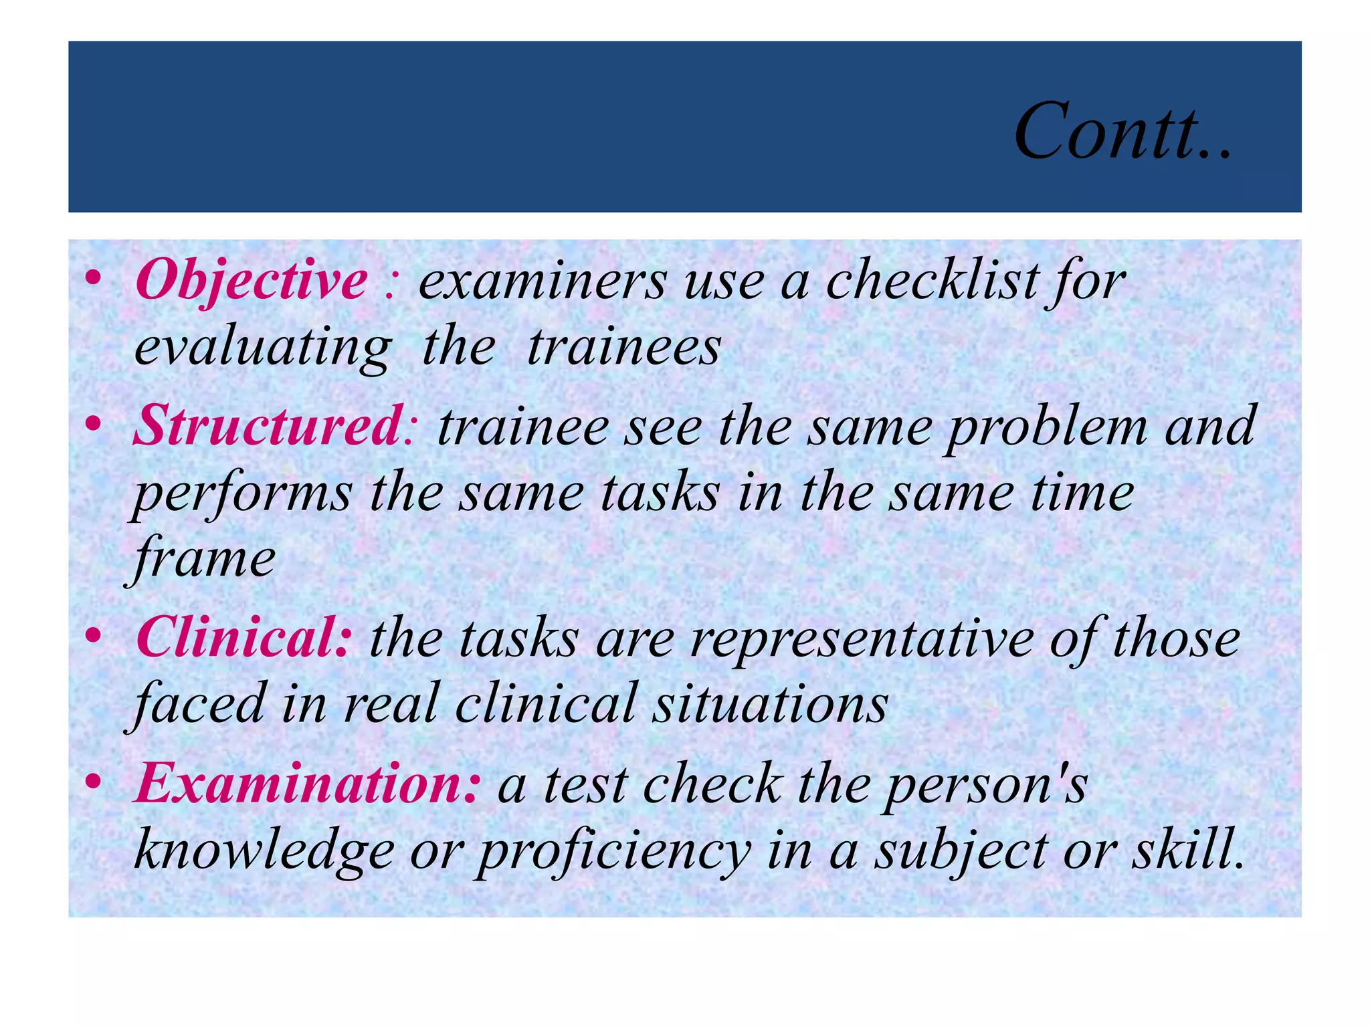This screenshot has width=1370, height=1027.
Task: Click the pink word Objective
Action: pos(251,281)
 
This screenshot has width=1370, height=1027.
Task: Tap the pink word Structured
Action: pos(268,426)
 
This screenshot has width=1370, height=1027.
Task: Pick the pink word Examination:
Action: pos(306,784)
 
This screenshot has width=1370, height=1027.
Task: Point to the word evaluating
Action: pos(262,349)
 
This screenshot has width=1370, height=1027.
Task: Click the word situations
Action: pos(770,705)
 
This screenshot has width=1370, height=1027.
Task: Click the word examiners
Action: pos(543,281)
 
